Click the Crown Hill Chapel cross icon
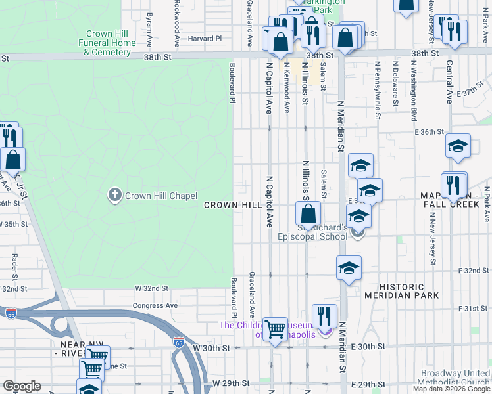tap(115, 194)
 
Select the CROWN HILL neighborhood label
tap(233, 205)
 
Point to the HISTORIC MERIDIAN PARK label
tap(410, 291)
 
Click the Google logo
tap(22, 386)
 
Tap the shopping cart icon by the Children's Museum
tap(275, 328)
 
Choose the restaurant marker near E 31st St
tap(324, 315)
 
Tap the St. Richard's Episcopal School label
tap(312, 232)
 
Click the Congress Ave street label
tap(155, 305)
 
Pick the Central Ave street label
tap(449, 82)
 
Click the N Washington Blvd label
tap(414, 81)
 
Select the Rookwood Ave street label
tap(177, 23)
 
